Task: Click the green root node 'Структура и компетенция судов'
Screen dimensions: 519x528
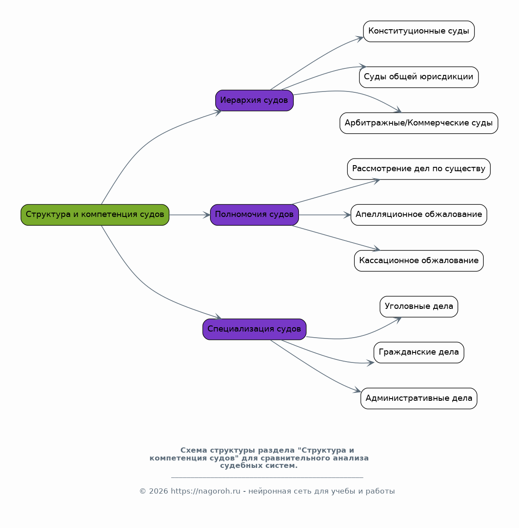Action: (95, 215)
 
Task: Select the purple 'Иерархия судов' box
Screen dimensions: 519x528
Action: (254, 100)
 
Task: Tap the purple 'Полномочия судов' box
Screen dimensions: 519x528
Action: (254, 215)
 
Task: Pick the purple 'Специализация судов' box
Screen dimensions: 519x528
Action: (254, 329)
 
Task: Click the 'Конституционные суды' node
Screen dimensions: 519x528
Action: (419, 31)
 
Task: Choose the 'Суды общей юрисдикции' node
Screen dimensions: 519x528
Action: (419, 77)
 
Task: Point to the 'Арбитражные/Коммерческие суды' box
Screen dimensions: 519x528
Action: (419, 123)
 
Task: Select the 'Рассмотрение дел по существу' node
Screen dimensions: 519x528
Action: (419, 169)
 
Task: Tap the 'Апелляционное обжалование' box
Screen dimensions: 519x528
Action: (419, 215)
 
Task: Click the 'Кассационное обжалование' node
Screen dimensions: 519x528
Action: (419, 261)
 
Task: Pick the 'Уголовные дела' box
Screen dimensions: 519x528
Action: (419, 307)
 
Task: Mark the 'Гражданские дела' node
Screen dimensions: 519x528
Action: (419, 352)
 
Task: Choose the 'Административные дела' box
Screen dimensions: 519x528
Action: (419, 399)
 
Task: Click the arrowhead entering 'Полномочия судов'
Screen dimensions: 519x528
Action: (207, 215)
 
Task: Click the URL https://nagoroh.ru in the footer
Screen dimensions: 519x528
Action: (205, 491)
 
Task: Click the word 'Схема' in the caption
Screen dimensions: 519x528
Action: (193, 450)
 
